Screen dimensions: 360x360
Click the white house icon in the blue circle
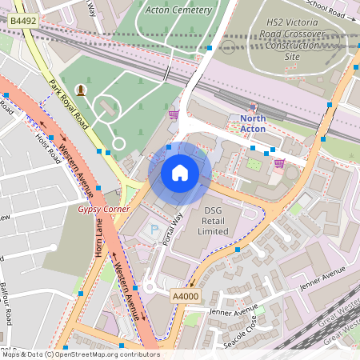pos(180,172)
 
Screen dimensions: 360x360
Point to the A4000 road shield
pos(186,295)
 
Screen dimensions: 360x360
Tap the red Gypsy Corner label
pos(99,209)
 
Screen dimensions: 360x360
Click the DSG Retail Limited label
pos(212,223)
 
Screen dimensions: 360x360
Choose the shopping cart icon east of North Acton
pos(279,163)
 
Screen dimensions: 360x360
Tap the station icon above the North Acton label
pos(254,106)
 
